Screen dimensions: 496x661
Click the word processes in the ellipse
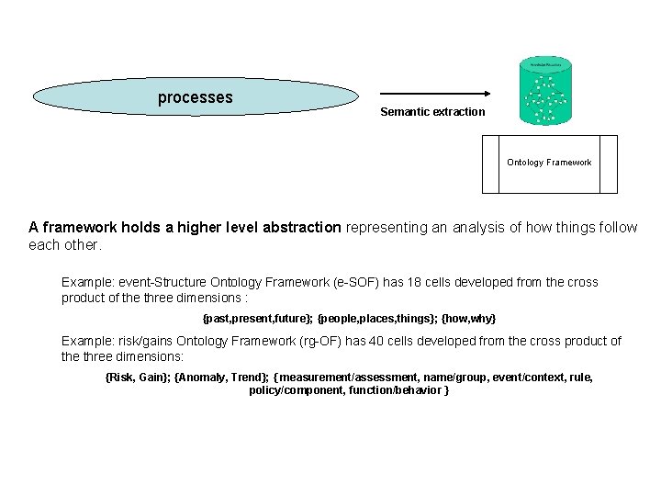coord(196,97)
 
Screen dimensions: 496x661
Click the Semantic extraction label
coord(432,112)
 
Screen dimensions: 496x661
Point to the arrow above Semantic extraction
coord(435,94)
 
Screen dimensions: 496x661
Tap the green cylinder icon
coord(545,91)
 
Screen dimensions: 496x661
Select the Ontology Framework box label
coord(549,163)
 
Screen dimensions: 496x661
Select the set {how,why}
coord(468,318)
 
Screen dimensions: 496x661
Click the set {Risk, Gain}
coord(138,378)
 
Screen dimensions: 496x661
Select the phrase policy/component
coord(294,390)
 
